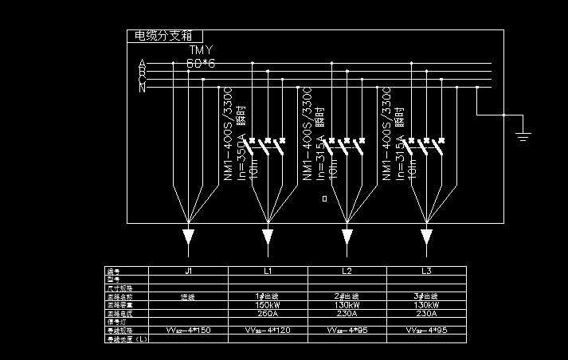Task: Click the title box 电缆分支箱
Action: click(165, 36)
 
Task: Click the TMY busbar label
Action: click(201, 50)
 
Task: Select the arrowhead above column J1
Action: click(188, 237)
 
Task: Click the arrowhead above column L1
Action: click(268, 237)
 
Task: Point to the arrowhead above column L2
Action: click(347, 237)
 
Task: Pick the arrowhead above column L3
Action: click(426, 237)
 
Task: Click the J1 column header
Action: click(188, 272)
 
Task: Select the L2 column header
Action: click(347, 272)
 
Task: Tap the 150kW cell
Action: click(268, 305)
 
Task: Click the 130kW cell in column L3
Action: click(426, 305)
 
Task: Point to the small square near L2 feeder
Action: click(324, 198)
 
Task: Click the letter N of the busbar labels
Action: click(142, 88)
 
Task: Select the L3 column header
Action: click(426, 272)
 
